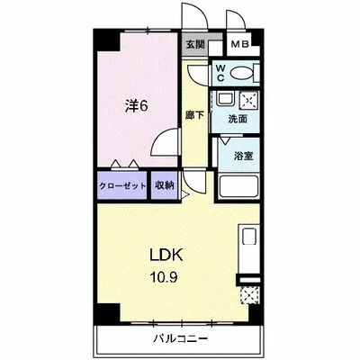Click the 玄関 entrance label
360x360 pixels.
click(x=195, y=45)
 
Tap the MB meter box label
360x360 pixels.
click(x=239, y=45)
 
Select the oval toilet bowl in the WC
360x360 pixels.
click(x=241, y=73)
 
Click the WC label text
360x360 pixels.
click(x=220, y=72)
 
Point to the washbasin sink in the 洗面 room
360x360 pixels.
click(x=224, y=99)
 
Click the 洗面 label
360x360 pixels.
click(x=238, y=119)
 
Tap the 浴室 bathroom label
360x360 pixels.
click(x=243, y=156)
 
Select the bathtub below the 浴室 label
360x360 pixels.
click(x=238, y=186)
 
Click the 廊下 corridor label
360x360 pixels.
click(x=194, y=115)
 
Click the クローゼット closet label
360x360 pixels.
click(x=122, y=185)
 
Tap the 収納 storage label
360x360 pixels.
click(x=165, y=185)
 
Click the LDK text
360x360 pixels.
click(x=166, y=255)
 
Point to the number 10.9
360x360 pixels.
click(x=164, y=277)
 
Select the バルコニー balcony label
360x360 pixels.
click(x=181, y=339)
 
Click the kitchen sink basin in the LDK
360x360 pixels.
click(x=249, y=237)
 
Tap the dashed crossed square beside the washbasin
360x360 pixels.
click(x=248, y=99)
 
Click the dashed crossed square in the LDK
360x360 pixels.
click(x=249, y=295)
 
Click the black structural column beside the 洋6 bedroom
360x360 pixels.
click(x=107, y=40)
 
